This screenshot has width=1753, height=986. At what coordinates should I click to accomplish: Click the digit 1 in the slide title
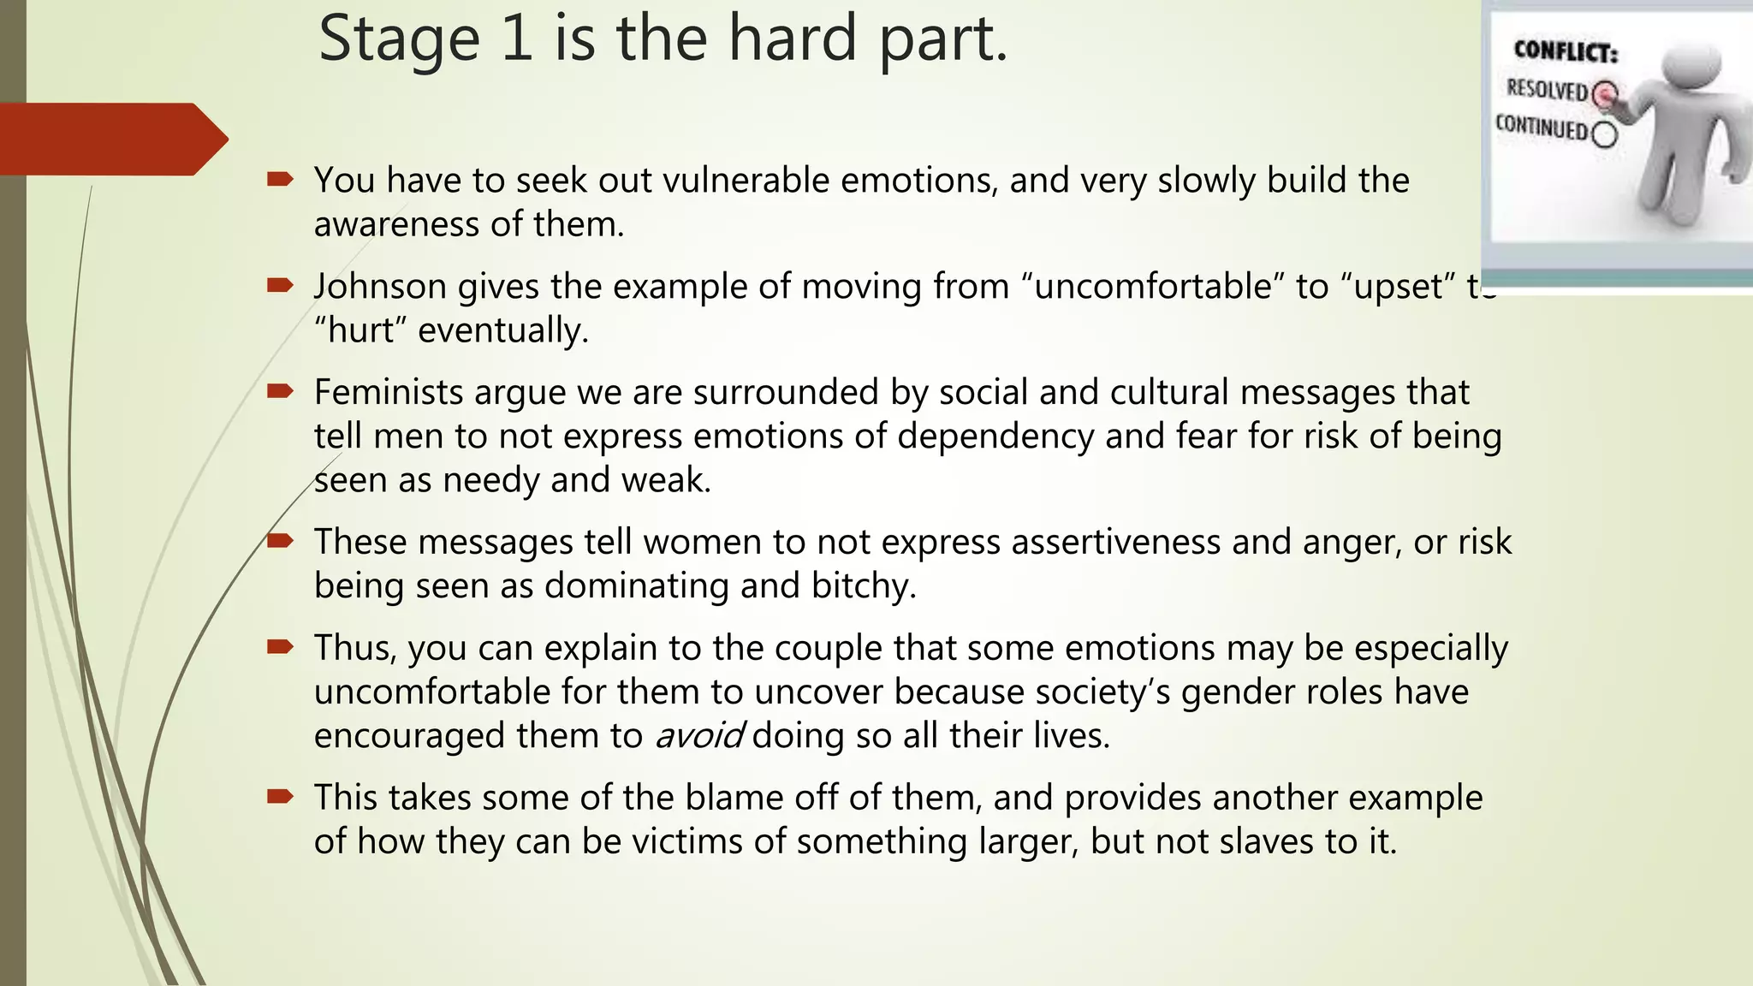[516, 39]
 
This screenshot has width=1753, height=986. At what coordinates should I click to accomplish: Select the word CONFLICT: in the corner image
[1566, 52]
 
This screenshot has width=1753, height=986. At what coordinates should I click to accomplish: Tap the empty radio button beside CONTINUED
[1605, 134]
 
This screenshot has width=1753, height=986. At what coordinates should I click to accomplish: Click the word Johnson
[379, 287]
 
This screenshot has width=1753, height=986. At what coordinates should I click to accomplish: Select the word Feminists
[388, 393]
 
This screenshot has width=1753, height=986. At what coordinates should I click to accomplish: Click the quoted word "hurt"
[360, 330]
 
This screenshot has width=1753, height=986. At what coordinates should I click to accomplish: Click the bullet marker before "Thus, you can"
[280, 647]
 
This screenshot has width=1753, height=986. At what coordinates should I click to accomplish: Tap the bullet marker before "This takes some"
[280, 797]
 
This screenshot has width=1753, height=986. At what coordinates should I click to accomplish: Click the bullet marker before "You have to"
[280, 179]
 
